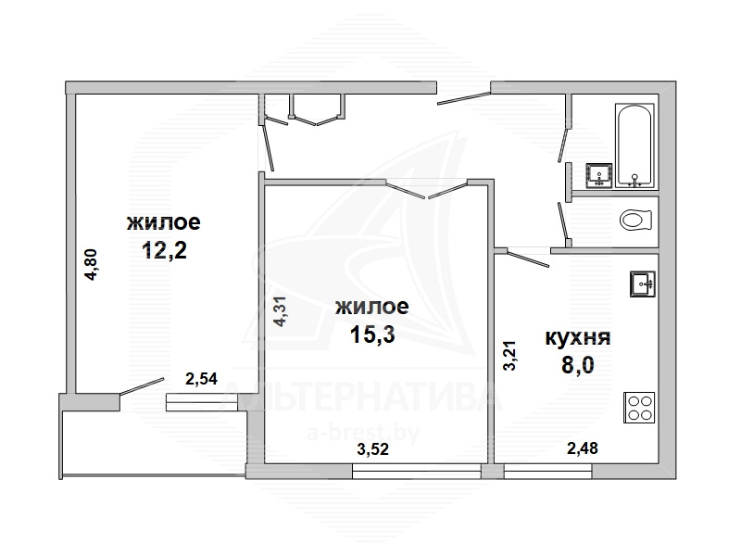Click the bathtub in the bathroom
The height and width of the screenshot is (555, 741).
click(634, 145)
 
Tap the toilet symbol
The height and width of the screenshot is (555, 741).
click(635, 220)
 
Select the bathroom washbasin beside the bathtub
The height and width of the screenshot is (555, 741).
click(599, 175)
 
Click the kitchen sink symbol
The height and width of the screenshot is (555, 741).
click(642, 284)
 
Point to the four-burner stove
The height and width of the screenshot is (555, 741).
click(639, 408)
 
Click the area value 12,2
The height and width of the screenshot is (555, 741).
click(164, 250)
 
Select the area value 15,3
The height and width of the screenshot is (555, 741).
click(372, 334)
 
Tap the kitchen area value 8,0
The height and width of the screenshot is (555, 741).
click(577, 365)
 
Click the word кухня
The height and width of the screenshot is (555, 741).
click(578, 338)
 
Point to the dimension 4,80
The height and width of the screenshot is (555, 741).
click(91, 265)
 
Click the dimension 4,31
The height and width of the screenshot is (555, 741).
click(281, 311)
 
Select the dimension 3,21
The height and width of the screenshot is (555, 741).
click(509, 356)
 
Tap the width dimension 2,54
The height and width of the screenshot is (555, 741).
click(201, 379)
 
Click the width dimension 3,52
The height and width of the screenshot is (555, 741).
click(373, 448)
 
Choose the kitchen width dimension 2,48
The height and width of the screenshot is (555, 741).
click(583, 448)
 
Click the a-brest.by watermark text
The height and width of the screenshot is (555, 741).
click(363, 433)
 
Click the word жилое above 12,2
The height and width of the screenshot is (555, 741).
click(164, 222)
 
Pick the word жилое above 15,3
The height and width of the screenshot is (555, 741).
click(372, 308)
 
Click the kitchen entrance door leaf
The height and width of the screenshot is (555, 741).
click(527, 259)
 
